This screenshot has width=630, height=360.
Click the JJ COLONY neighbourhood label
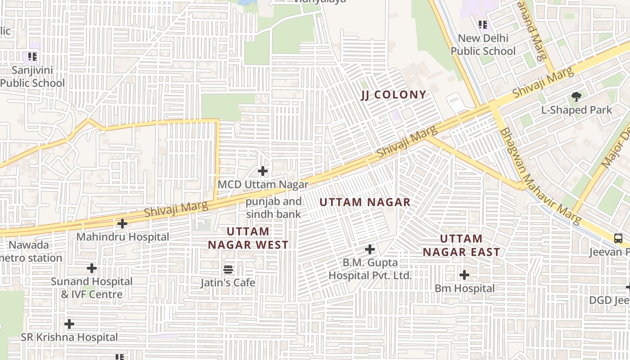[394, 94]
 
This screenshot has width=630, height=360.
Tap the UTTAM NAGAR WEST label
[248, 238]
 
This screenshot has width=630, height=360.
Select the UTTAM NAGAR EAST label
[461, 245]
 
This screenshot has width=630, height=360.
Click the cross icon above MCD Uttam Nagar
[263, 171]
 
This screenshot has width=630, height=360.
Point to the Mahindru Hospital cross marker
[122, 223]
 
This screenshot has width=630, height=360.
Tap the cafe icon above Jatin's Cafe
[228, 270]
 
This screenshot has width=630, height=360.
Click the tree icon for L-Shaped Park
[576, 96]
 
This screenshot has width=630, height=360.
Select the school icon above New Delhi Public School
[483, 25]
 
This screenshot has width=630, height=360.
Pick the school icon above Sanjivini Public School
[32, 57]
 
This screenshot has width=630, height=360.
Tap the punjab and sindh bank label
[274, 208]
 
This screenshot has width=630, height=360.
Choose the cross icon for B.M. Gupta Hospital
[370, 249]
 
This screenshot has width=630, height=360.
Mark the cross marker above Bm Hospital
[464, 274]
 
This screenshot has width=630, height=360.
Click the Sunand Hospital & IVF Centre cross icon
[92, 268]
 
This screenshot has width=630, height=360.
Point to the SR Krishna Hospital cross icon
[69, 324]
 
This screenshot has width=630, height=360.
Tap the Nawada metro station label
[31, 252]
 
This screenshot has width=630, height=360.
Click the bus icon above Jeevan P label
[619, 238]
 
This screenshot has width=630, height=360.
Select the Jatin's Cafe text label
[228, 283]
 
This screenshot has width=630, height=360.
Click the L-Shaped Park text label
[576, 110]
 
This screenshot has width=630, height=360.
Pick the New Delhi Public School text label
[483, 45]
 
